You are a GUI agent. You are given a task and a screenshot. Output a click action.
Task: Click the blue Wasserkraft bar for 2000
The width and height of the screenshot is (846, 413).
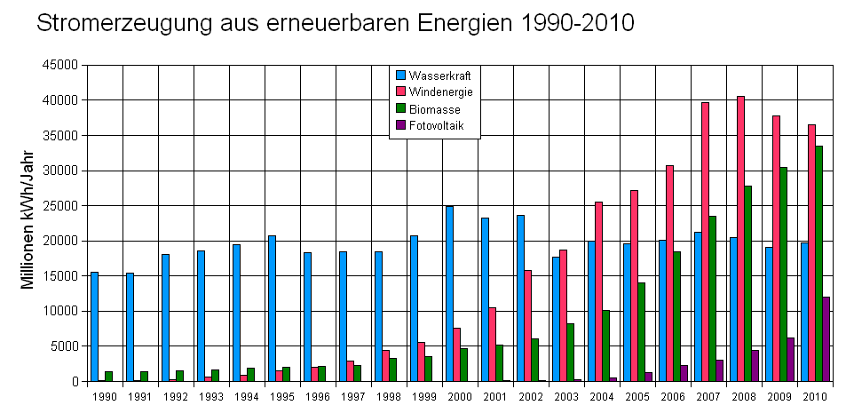[x=449, y=294]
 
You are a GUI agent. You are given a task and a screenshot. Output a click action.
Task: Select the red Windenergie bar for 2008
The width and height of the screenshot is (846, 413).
[x=740, y=239]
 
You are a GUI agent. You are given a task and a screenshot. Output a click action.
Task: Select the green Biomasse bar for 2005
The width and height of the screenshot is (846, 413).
[x=641, y=332]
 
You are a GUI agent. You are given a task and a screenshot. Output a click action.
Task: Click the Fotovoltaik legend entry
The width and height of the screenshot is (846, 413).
[x=436, y=125]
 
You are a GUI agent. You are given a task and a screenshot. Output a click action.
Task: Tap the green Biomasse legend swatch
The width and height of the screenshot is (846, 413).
[x=400, y=108]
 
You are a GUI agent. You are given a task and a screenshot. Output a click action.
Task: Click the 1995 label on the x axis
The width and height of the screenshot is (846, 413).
[x=282, y=396]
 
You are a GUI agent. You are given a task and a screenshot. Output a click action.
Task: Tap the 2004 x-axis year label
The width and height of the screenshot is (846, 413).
[x=602, y=396]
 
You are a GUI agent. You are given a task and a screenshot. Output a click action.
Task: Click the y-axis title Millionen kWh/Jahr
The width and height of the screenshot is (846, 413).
[x=28, y=223]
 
